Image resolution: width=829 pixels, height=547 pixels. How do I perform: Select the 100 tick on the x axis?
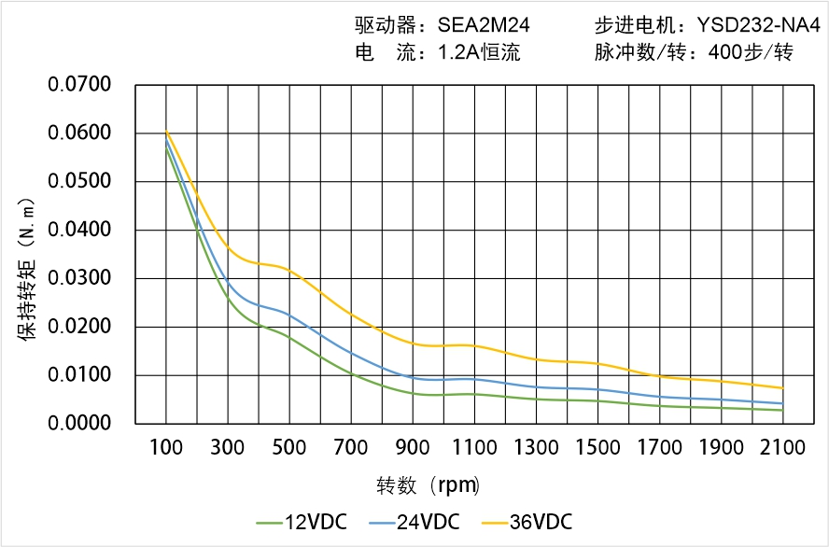coord(166,447)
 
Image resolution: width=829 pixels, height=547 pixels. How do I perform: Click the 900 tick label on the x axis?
coord(413,447)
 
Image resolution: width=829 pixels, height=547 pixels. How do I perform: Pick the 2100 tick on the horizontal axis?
coord(782,447)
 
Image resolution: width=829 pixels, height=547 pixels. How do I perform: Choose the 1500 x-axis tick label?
coord(597,447)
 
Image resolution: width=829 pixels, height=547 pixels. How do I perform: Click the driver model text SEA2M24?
coord(484,25)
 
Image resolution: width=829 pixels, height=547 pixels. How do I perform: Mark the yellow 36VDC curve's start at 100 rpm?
coord(166,131)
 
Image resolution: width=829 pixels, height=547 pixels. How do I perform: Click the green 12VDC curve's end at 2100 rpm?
coord(782,410)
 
